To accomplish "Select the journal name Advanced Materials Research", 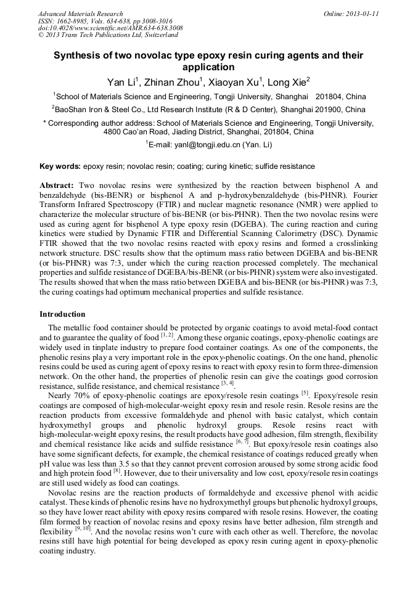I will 80,14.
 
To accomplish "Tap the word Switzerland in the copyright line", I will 158,35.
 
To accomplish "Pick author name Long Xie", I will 290,81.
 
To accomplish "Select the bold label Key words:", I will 60,166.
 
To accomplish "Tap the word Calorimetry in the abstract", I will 313,225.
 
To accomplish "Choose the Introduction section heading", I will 65,314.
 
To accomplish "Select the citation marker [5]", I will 305,393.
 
